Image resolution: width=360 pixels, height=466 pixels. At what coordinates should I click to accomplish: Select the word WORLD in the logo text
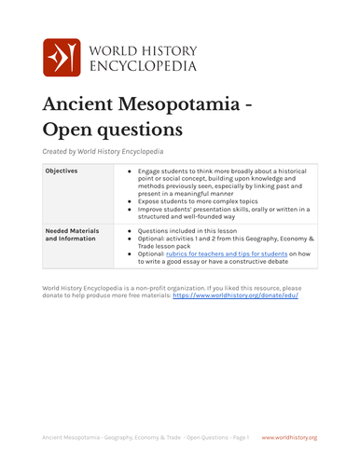click(116, 49)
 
